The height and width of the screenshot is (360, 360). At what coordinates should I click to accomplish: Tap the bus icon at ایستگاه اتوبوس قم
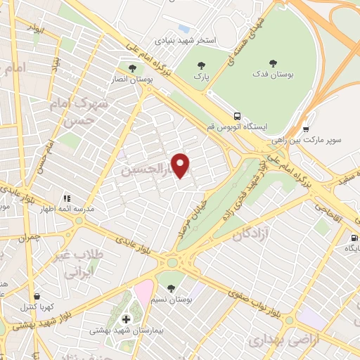(x=238, y=115)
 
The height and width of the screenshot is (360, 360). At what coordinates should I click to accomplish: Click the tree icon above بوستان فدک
(x=271, y=62)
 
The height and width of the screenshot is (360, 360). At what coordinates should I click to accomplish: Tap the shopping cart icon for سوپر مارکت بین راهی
(x=307, y=129)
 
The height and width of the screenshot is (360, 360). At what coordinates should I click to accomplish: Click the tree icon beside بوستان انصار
(x=132, y=68)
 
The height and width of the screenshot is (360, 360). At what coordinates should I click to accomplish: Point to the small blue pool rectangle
(x=184, y=29)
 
